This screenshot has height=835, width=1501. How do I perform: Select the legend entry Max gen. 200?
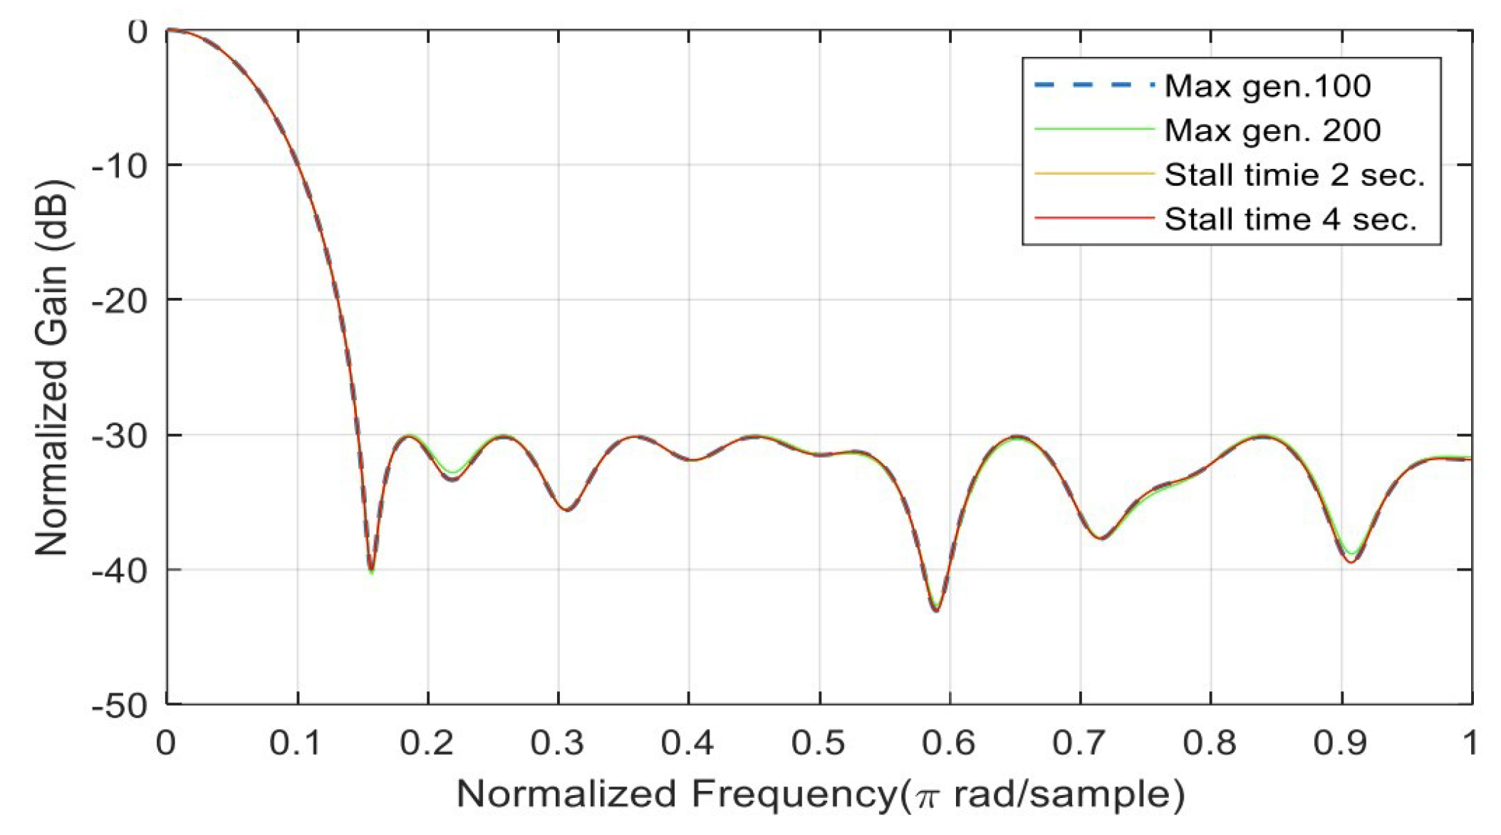(1272, 130)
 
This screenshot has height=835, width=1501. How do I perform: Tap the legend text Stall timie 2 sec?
(1294, 175)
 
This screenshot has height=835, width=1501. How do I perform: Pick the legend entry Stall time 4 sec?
(1290, 219)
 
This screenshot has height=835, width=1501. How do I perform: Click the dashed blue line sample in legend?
(1093, 85)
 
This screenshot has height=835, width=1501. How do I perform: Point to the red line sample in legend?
(1093, 218)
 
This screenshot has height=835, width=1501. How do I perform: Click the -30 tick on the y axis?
(119, 435)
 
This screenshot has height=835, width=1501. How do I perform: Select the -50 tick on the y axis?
(119, 706)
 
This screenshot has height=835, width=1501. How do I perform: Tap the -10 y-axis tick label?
(119, 165)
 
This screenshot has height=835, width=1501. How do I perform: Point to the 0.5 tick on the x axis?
(819, 743)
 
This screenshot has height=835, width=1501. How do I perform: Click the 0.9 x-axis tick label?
(1341, 743)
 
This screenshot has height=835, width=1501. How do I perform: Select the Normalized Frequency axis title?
(819, 794)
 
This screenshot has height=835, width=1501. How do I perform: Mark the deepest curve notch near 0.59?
(936, 610)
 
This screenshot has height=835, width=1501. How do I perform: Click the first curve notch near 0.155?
(370, 570)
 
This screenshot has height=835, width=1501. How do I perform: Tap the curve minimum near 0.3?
(566, 509)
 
